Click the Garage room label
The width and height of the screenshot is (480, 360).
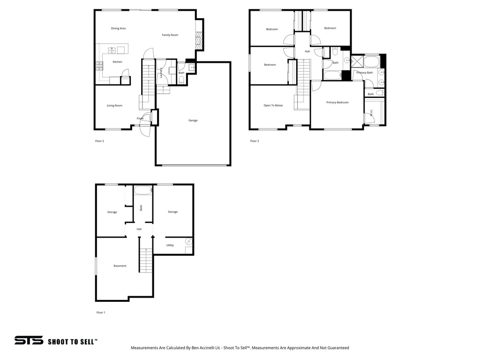click(193, 120)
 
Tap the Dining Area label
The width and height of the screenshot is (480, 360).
click(118, 29)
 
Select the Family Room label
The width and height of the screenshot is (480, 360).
click(170, 35)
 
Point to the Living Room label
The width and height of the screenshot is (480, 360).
click(114, 105)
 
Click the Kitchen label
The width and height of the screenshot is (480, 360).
click(117, 62)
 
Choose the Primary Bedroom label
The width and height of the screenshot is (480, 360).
click(337, 103)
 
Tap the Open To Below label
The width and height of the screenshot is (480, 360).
click(273, 105)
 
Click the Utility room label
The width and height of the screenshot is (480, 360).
click(170, 245)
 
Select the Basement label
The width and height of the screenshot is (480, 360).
click(120, 266)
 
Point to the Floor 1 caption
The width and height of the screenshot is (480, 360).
click(101, 313)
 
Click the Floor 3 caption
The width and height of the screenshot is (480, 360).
click(255, 141)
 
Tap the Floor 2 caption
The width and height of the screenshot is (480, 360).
click(99, 141)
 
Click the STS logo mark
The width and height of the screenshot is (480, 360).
click(29, 340)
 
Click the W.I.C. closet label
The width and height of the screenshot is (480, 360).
click(371, 112)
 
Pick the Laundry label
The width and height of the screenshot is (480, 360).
click(161, 73)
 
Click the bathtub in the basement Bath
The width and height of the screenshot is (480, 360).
click(143, 190)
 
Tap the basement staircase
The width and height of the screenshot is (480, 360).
click(146, 261)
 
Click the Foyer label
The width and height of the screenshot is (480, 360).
click(140, 119)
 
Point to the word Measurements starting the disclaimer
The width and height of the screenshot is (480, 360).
click(144, 348)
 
